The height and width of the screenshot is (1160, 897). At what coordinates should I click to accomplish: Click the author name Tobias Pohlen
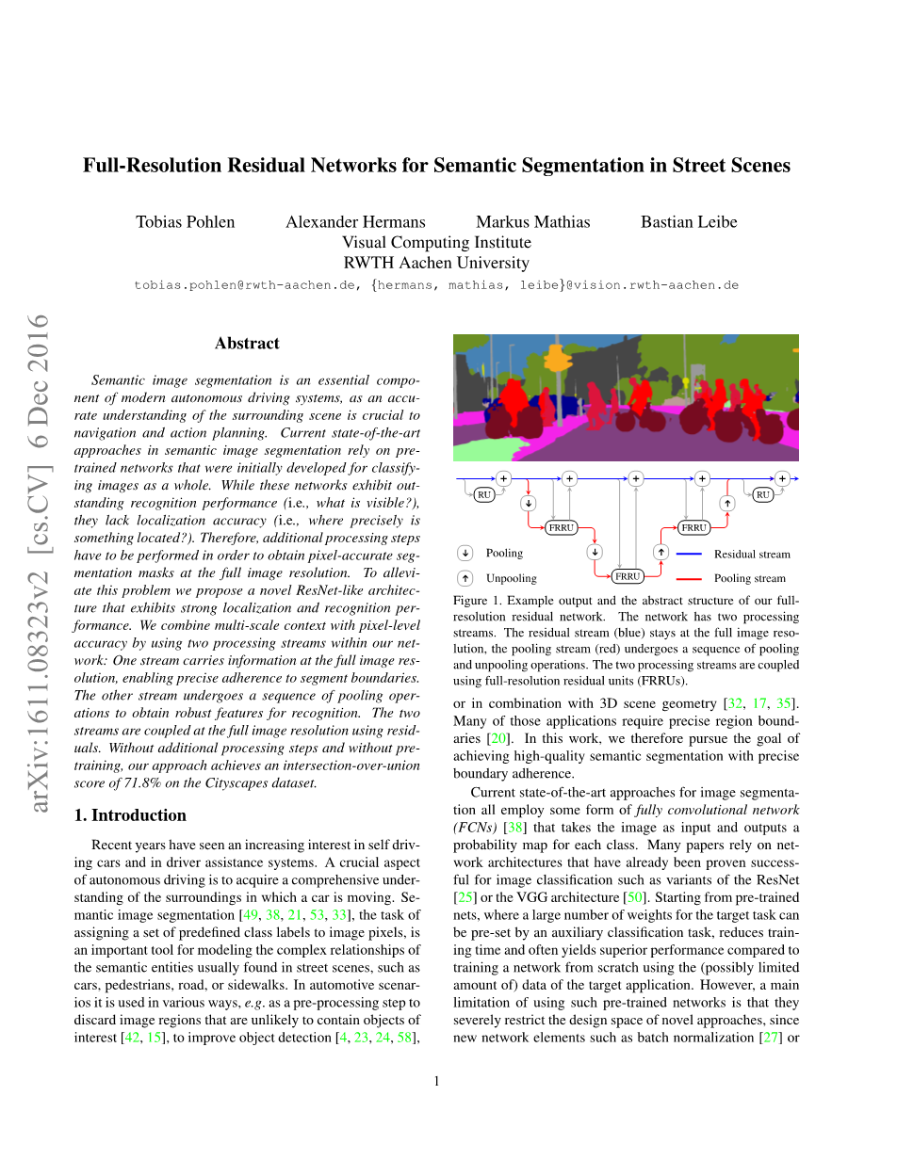click(185, 222)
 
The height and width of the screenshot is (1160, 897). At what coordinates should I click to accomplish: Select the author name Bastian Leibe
click(689, 222)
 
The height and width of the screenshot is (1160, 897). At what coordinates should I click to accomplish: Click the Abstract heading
click(247, 344)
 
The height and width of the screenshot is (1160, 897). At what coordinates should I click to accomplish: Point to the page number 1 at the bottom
click(437, 1081)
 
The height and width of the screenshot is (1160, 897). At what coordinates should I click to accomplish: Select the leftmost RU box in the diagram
click(484, 494)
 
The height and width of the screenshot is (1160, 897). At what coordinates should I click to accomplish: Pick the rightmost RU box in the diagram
click(762, 494)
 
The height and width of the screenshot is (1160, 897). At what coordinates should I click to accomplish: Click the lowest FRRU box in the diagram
click(627, 576)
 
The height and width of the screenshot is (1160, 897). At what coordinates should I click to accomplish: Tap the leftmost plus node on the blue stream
click(503, 478)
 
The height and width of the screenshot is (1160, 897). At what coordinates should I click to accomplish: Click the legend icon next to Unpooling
click(465, 578)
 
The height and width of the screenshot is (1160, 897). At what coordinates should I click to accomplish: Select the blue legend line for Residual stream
click(690, 554)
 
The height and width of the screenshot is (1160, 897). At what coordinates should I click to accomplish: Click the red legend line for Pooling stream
click(690, 578)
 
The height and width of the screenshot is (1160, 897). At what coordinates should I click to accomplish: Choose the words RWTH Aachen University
click(436, 264)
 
